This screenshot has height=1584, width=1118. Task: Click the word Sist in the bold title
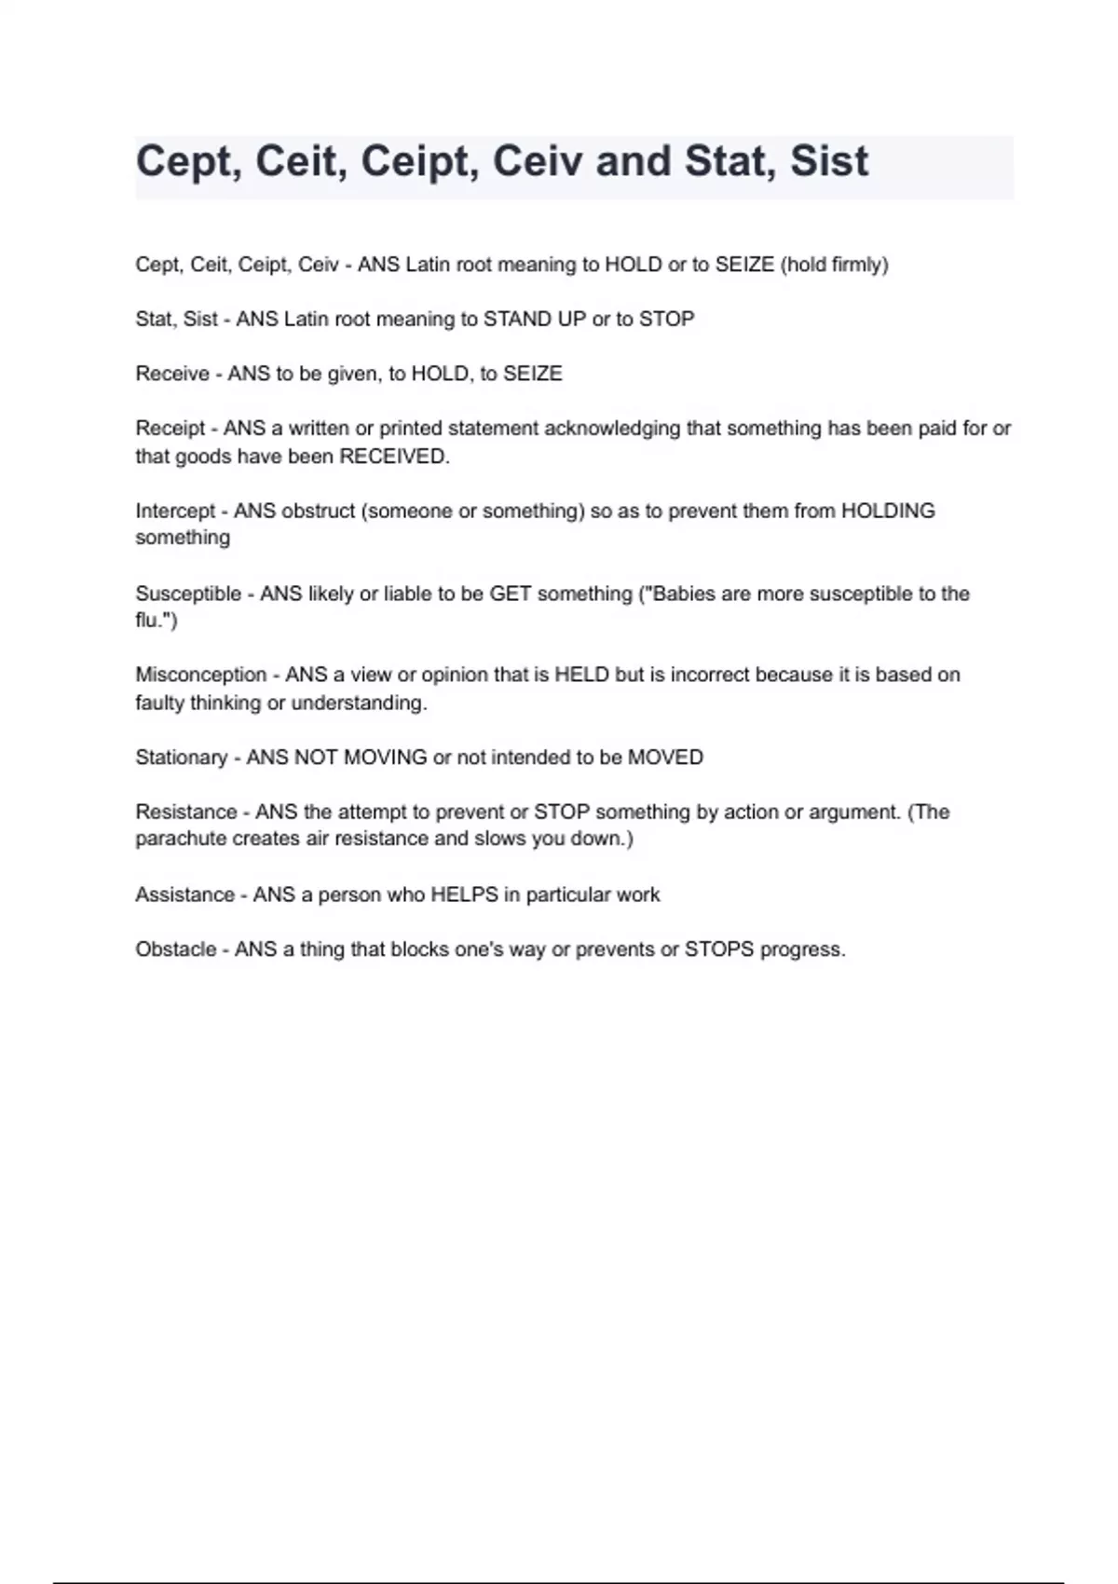(x=829, y=161)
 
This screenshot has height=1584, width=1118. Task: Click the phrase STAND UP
(x=534, y=319)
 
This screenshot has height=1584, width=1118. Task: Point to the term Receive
(x=172, y=374)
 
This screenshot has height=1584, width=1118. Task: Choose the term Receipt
(x=170, y=429)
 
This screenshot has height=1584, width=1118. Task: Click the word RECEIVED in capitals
(x=392, y=457)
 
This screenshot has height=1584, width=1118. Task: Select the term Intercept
(x=175, y=511)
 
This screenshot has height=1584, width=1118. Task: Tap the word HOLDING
(x=887, y=511)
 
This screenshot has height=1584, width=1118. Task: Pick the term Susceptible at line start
(x=188, y=594)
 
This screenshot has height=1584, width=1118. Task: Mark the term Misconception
(x=201, y=675)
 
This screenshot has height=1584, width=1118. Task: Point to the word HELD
(x=581, y=675)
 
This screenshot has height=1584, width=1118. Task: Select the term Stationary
(x=181, y=758)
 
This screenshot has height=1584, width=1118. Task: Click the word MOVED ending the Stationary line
(x=665, y=758)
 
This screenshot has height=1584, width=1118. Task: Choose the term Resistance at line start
(x=186, y=812)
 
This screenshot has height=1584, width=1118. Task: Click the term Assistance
(x=184, y=894)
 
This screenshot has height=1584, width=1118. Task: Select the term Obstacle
(x=175, y=949)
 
